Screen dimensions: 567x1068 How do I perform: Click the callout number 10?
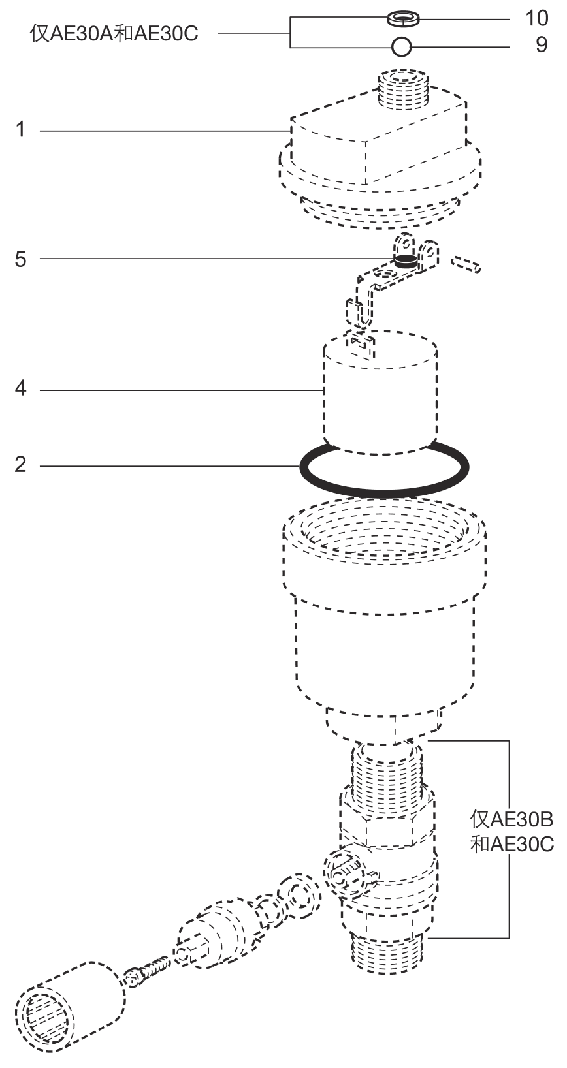[536, 18]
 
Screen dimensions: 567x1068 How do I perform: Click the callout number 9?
[542, 45]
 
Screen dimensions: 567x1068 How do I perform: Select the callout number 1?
[20, 129]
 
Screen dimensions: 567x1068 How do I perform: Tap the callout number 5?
[20, 259]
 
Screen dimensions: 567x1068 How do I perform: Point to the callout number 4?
[20, 388]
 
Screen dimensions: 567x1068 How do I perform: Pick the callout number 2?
[20, 464]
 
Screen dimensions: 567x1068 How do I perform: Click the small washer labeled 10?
[403, 18]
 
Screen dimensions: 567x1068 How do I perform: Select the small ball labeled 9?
[401, 47]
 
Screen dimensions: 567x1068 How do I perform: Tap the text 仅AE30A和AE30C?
[114, 34]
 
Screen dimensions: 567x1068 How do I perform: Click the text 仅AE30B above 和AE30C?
[511, 819]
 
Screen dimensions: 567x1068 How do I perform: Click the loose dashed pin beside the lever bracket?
[466, 264]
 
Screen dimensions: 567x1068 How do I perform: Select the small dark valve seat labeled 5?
[405, 260]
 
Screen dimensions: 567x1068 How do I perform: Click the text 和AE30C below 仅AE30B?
[511, 844]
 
